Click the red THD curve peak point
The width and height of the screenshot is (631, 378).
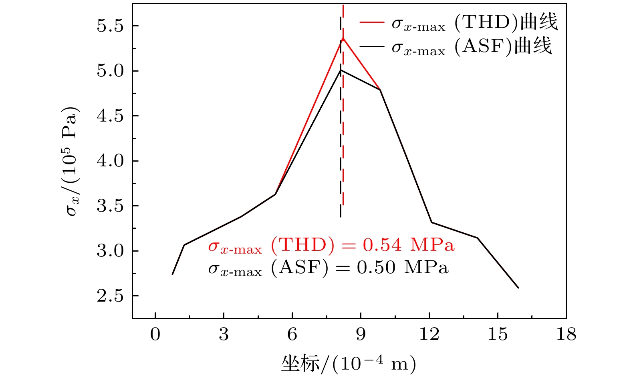click(343, 38)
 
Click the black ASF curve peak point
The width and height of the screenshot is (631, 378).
click(341, 70)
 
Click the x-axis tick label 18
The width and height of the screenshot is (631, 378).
click(566, 334)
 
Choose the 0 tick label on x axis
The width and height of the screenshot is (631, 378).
click(155, 334)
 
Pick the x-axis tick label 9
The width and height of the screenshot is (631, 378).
click(361, 334)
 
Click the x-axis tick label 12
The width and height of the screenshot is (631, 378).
click(429, 334)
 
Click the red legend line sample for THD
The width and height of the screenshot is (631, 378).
click(372, 23)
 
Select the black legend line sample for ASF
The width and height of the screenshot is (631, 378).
click(372, 46)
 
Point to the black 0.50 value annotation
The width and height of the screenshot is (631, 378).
click(376, 267)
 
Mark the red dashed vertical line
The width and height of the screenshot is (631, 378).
click(343, 120)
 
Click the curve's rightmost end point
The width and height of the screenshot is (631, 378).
click(518, 288)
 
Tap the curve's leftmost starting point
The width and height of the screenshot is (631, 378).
click(172, 274)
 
